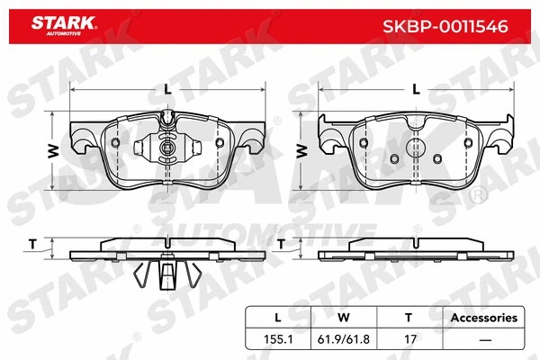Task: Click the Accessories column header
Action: [483, 318]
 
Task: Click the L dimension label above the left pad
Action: [167, 86]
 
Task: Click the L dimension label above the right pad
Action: [415, 86]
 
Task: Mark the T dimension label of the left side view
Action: [32, 243]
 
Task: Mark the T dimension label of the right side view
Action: [281, 243]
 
